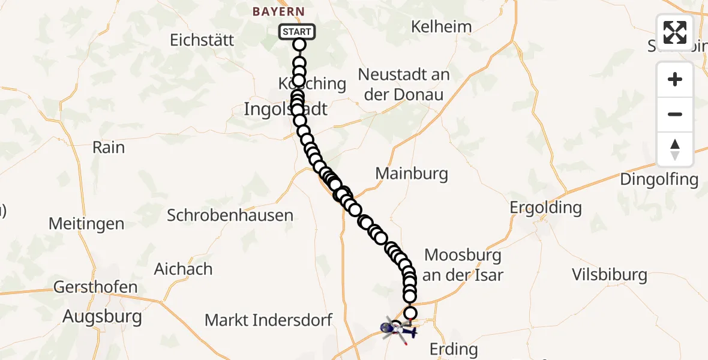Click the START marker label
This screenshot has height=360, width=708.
coord(297,32)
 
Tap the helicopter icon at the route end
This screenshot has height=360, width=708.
coord(397,329)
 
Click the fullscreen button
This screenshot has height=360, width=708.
coord(675,32)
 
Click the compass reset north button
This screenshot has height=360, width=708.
coord(675,149)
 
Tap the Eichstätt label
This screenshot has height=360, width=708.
coord(202,40)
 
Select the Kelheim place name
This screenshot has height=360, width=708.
coord(442,26)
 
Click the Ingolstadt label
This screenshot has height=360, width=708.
coord(286,109)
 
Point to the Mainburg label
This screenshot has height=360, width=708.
coord(412,174)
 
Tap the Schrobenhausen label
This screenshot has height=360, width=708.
coord(230,215)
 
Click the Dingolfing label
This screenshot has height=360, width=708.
coord(659,179)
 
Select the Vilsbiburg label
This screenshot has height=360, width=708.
coord(609,275)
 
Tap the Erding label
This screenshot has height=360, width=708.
coord(454,349)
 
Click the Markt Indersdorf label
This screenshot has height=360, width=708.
coord(268,320)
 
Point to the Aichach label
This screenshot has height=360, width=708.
coord(183,268)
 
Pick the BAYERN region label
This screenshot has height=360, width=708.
coord(278,11)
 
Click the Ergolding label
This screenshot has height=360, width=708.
coord(545,208)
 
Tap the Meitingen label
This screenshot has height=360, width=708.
coord(86,224)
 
